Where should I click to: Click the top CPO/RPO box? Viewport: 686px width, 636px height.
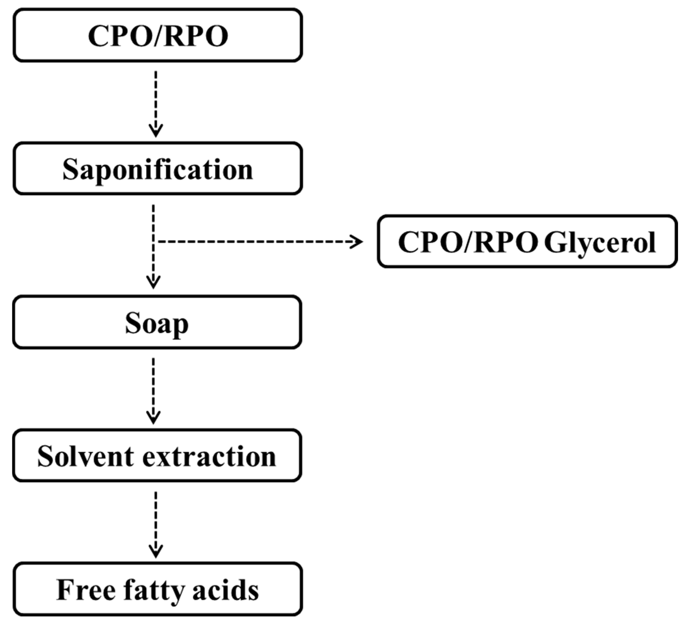(x=158, y=36)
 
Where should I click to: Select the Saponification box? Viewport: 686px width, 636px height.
(x=158, y=169)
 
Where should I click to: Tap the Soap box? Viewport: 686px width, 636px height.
(x=157, y=322)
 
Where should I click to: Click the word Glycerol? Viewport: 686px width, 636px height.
(x=600, y=243)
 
